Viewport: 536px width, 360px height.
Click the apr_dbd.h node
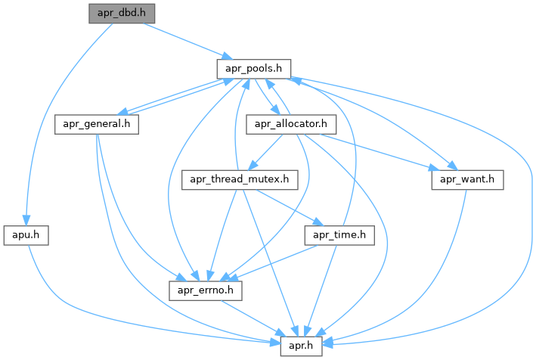pyautogui.click(x=121, y=14)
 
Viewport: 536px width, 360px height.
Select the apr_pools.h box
pyautogui.click(x=254, y=68)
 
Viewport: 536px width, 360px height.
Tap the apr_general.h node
pyautogui.click(x=97, y=123)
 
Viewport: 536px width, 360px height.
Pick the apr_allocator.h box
pyautogui.click(x=291, y=123)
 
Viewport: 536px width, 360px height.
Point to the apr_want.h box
pyautogui.click(x=467, y=180)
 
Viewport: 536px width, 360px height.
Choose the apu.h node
pyautogui.click(x=26, y=235)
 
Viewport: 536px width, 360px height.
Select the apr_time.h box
pyautogui.click(x=339, y=235)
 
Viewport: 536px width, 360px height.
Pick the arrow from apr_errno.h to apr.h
pyautogui.click(x=253, y=318)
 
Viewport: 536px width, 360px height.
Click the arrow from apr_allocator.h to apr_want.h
pyautogui.click(x=378, y=151)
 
